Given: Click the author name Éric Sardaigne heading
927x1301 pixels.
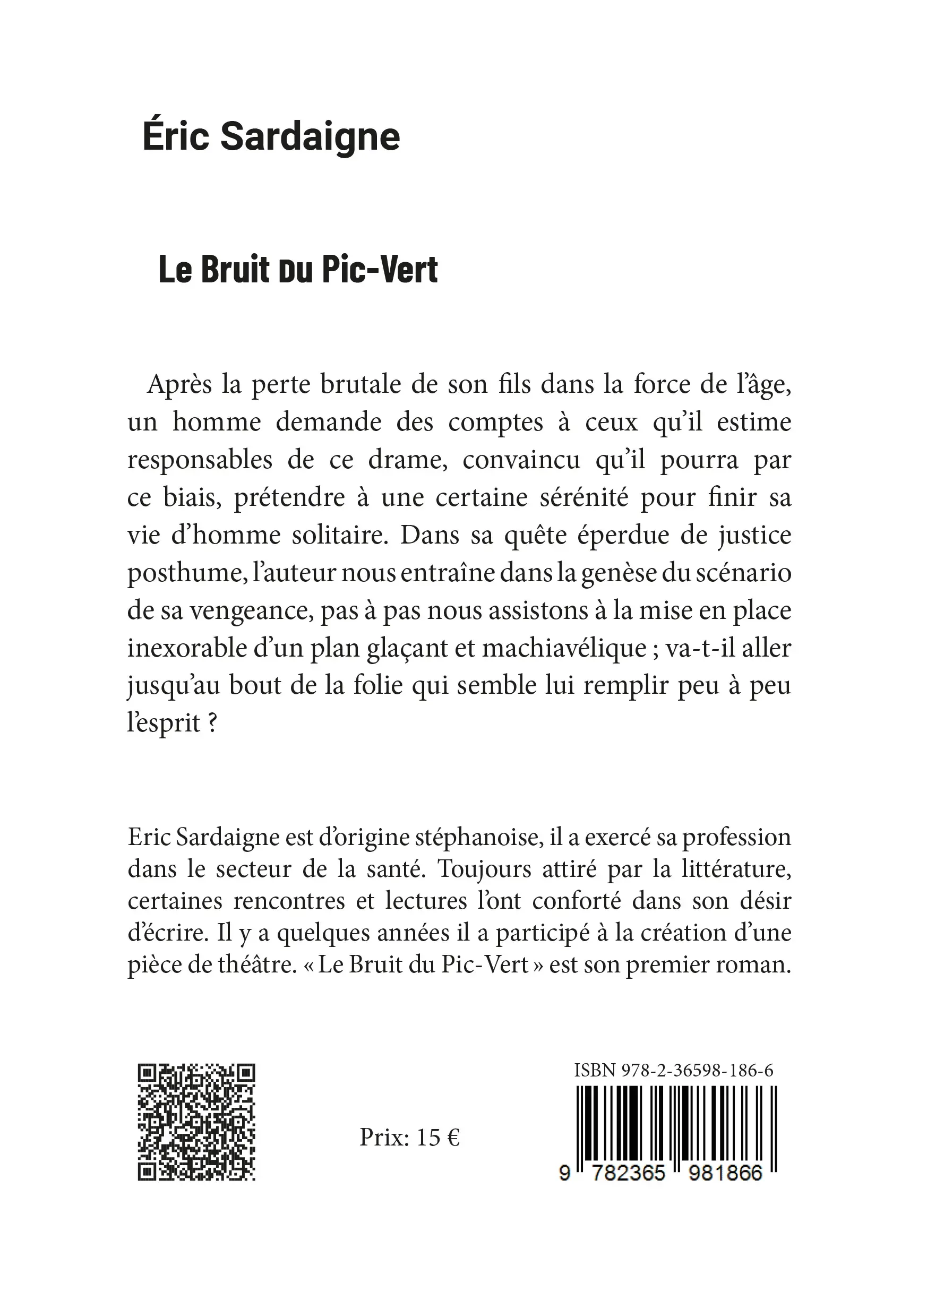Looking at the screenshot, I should click(271, 137).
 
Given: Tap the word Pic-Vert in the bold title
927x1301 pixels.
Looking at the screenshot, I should click(380, 269).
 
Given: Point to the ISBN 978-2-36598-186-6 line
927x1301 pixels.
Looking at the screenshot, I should click(674, 1070).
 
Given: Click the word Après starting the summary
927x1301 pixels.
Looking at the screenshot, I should click(181, 385).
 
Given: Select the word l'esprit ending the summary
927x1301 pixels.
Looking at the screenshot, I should click(164, 723).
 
